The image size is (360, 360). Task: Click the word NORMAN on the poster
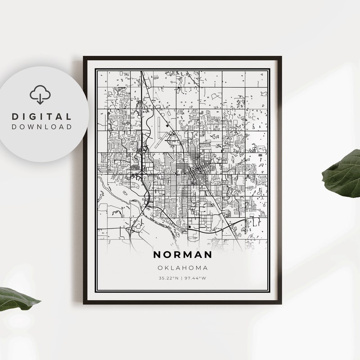click(182, 255)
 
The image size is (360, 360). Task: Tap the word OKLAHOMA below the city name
click(182, 268)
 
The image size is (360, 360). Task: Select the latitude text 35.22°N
click(168, 278)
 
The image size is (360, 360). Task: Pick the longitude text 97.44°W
click(197, 278)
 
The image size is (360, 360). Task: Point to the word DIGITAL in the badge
click(41, 117)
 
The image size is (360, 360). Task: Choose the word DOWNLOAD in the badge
click(41, 127)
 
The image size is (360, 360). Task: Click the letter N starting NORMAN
click(157, 255)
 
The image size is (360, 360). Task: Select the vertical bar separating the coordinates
click(182, 278)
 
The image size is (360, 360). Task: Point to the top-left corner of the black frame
click(84, 57)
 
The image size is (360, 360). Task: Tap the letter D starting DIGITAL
click(14, 117)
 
